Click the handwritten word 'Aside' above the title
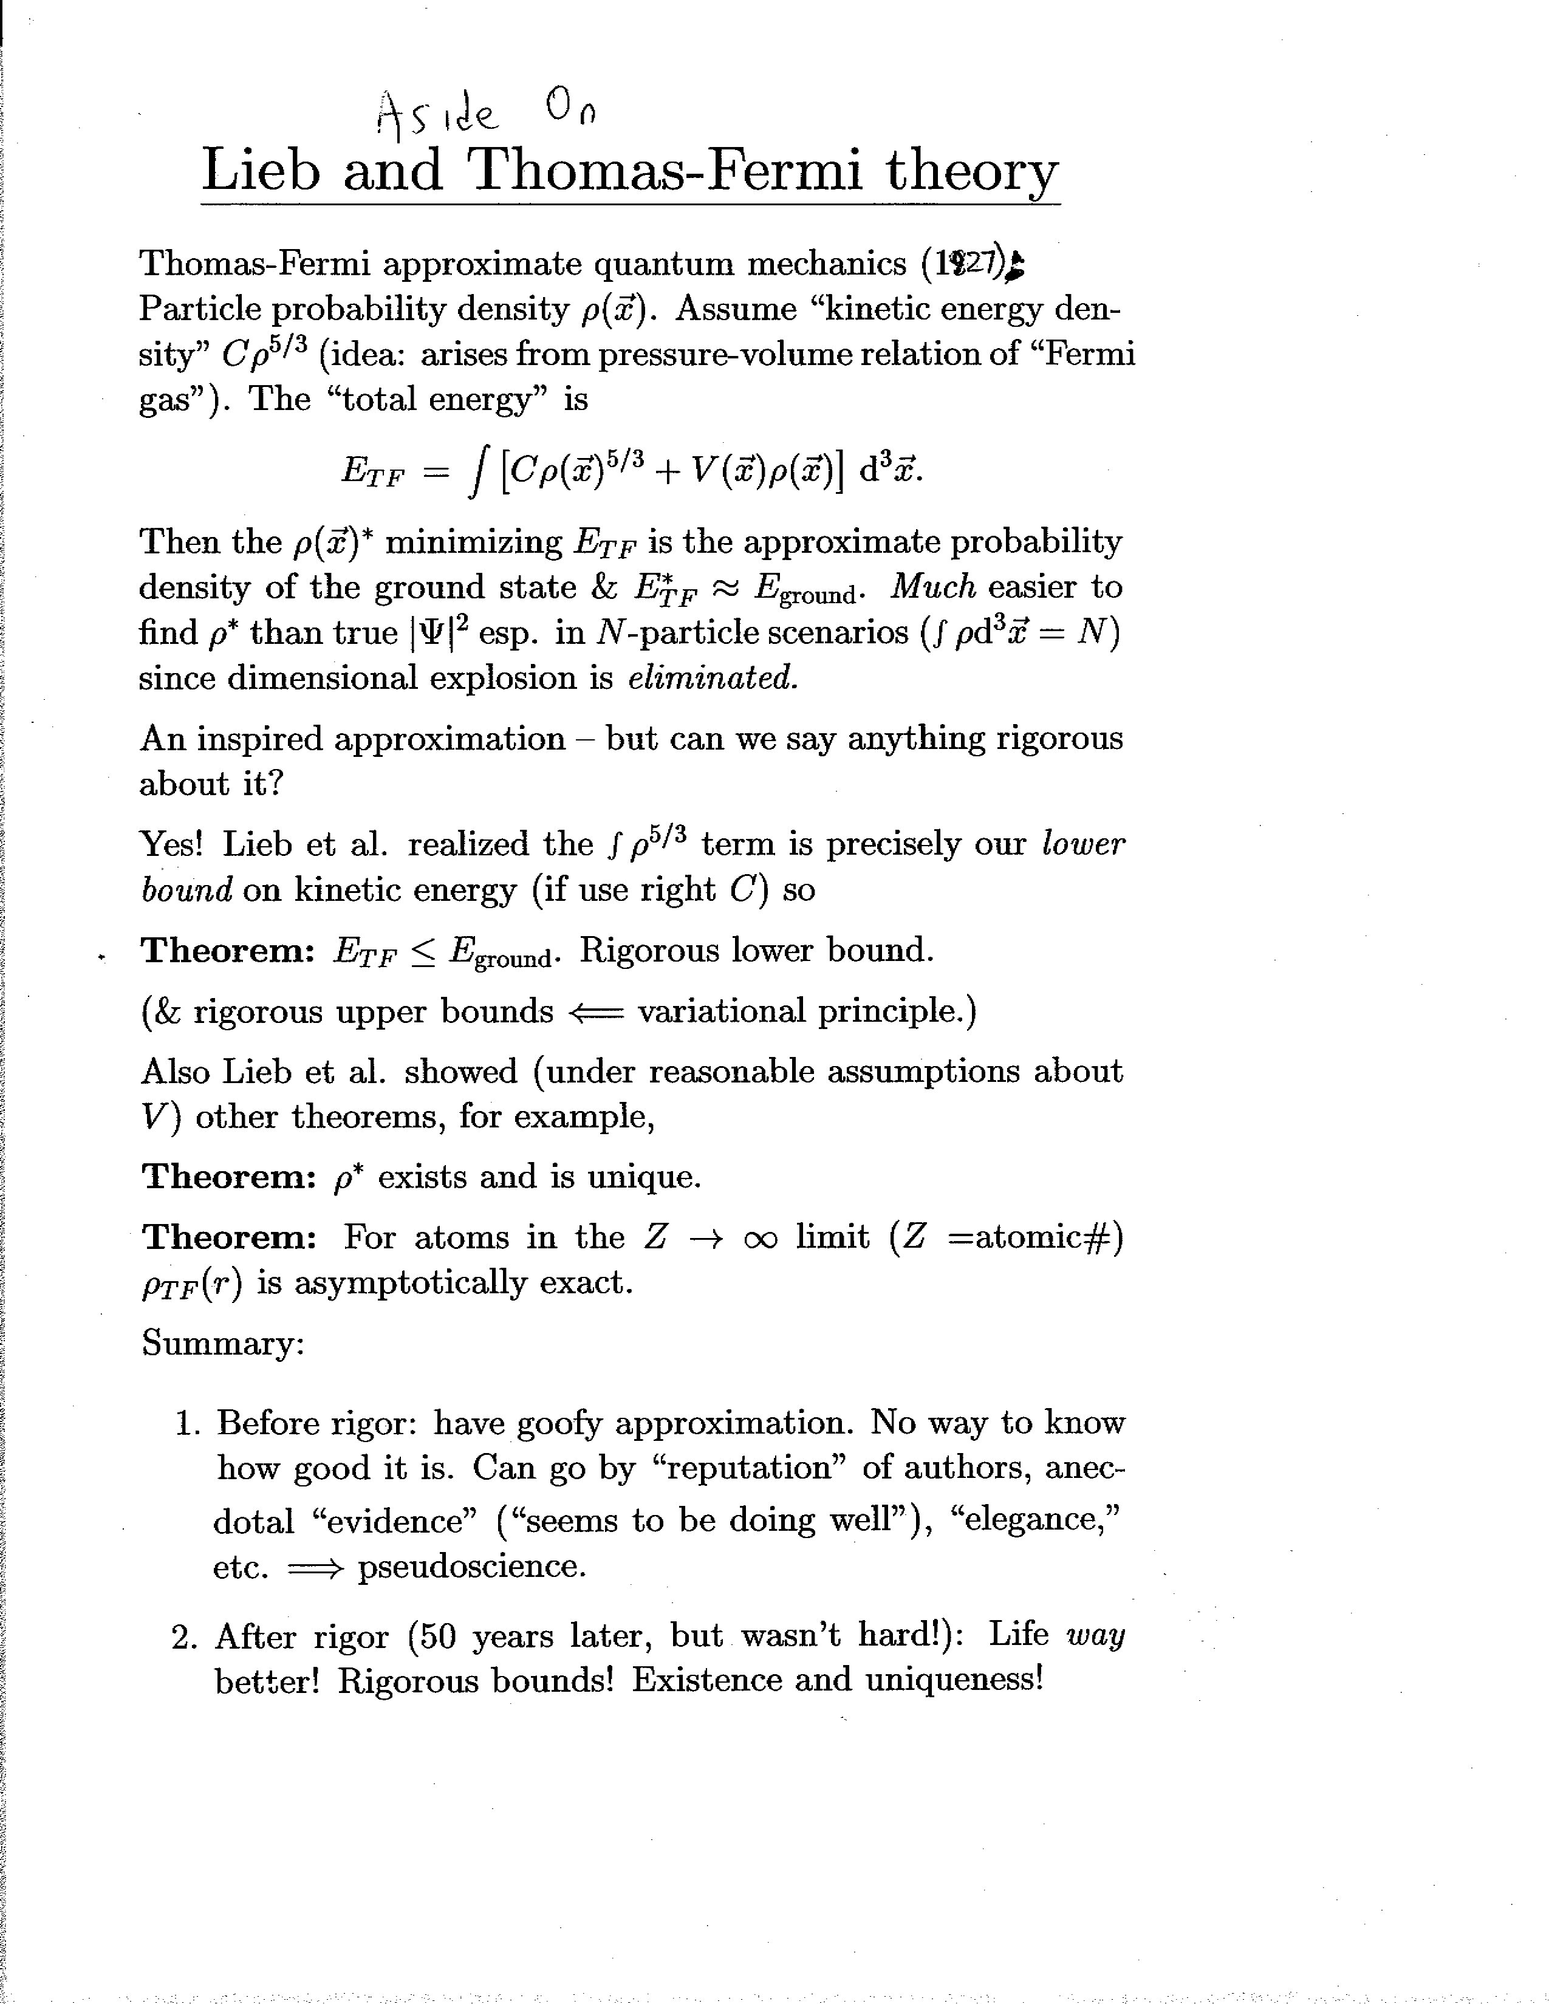[438, 117]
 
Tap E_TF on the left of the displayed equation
[372, 473]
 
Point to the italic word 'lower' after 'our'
[1083, 844]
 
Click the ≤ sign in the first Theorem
[423, 951]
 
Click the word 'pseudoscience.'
[471, 1565]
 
